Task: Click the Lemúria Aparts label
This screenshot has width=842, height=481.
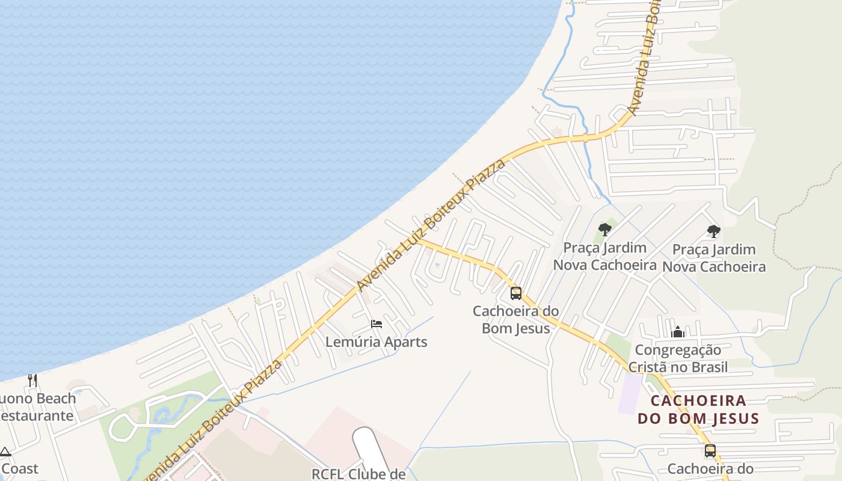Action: (376, 342)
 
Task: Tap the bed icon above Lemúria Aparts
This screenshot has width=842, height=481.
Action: (376, 324)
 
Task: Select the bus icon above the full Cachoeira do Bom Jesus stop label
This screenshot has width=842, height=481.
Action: (515, 293)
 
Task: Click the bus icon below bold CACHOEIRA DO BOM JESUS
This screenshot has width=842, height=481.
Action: (710, 451)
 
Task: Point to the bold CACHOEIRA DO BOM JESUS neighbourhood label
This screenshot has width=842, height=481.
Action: (698, 409)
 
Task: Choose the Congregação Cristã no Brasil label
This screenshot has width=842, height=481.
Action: (678, 358)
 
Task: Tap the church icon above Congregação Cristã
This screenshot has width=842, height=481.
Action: (678, 332)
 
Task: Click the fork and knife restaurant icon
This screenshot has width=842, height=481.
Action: (32, 380)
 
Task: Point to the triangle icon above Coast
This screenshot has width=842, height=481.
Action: (5, 452)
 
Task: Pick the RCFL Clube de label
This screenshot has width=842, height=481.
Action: (358, 474)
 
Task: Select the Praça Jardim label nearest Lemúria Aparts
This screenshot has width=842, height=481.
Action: (604, 256)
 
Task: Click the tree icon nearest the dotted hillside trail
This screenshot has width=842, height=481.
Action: (713, 231)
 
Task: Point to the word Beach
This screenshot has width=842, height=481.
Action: (55, 399)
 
